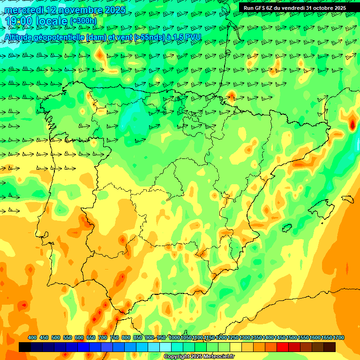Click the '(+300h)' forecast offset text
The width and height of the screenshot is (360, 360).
point(83,22)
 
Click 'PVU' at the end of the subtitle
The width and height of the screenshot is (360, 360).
point(193,37)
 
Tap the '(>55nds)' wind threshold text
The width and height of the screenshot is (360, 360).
point(145,37)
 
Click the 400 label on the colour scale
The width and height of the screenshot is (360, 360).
point(32,337)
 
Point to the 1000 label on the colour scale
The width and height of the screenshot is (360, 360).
point(174,337)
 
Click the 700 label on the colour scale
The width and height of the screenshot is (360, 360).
point(103,337)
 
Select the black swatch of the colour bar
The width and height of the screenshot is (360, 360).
point(25,347)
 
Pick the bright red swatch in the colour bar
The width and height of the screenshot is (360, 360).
point(283,347)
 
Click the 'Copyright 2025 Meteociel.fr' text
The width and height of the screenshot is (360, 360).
point(199,357)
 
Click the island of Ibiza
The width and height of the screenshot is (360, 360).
point(287,228)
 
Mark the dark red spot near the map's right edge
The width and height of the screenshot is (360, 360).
point(352,124)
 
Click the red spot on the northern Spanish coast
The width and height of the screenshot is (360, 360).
point(232,96)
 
